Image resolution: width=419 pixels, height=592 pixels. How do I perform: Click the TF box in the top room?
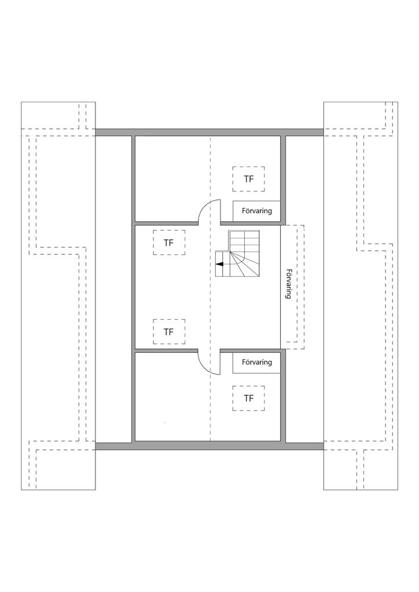(x=249, y=179)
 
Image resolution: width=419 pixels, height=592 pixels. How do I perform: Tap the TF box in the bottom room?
(x=249, y=398)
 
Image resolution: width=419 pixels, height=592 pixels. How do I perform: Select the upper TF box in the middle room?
(x=168, y=243)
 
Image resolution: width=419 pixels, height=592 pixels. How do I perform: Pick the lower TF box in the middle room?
(x=168, y=332)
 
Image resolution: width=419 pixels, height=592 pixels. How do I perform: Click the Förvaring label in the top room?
(x=256, y=211)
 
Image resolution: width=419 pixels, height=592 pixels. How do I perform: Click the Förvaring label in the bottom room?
(x=256, y=362)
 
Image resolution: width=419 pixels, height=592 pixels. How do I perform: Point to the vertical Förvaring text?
(x=288, y=284)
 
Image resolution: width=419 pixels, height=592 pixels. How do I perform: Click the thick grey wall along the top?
(x=209, y=132)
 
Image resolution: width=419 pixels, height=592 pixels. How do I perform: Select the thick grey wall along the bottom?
(x=209, y=446)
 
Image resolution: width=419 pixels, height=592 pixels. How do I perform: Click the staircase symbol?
(x=238, y=254)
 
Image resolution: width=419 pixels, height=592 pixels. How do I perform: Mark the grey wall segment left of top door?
(x=167, y=223)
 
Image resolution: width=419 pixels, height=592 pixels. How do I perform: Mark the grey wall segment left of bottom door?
(x=167, y=350)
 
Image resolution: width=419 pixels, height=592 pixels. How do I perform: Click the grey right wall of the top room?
(x=284, y=179)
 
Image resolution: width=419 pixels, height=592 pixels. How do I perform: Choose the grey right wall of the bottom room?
(x=284, y=399)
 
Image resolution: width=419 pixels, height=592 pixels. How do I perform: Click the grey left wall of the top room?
(x=133, y=179)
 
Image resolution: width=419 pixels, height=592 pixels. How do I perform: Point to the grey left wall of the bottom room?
(x=133, y=399)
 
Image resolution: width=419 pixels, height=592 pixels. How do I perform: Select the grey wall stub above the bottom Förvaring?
(x=250, y=350)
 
